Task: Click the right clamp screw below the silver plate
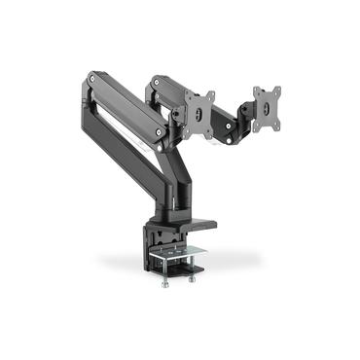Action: point(192,279)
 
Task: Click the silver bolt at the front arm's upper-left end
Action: point(91,76)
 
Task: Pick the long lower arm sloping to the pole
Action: point(126,146)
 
